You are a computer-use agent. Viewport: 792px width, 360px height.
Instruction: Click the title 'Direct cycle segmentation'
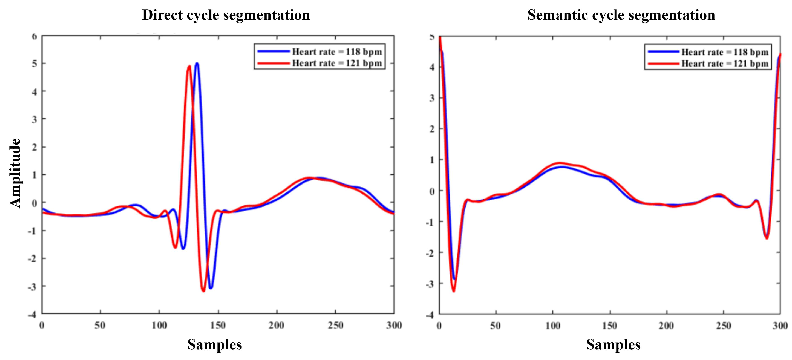(x=226, y=15)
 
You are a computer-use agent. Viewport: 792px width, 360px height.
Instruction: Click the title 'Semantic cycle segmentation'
(x=621, y=15)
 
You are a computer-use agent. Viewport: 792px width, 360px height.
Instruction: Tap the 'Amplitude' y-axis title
(x=15, y=173)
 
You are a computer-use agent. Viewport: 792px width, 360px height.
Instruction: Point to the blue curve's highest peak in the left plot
(x=197, y=63)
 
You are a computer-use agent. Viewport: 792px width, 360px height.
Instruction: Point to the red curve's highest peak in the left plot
(x=189, y=66)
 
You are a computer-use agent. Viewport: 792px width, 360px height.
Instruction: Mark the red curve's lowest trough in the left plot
(x=203, y=291)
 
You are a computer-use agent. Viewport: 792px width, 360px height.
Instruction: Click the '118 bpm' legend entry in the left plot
(x=336, y=52)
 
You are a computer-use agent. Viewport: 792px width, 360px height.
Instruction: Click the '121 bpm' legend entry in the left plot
(x=336, y=63)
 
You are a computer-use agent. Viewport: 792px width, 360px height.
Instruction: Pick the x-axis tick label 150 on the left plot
(x=218, y=325)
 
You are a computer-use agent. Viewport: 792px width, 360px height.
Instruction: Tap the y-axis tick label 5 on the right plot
(x=432, y=37)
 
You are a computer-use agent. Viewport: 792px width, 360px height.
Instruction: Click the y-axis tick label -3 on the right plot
(x=430, y=284)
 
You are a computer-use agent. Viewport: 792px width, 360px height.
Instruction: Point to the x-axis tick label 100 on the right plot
(x=553, y=326)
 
